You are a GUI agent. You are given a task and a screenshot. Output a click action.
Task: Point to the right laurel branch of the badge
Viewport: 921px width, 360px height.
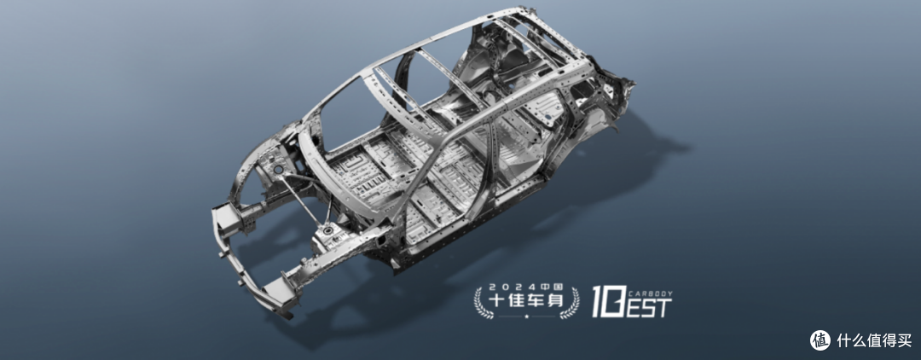tap(571, 303)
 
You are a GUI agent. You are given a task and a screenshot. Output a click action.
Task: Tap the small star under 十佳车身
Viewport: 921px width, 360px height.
tap(527, 316)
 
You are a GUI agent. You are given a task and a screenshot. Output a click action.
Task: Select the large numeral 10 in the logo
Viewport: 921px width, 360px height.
tap(607, 302)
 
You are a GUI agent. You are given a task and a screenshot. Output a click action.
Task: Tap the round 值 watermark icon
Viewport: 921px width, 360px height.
tap(820, 340)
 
